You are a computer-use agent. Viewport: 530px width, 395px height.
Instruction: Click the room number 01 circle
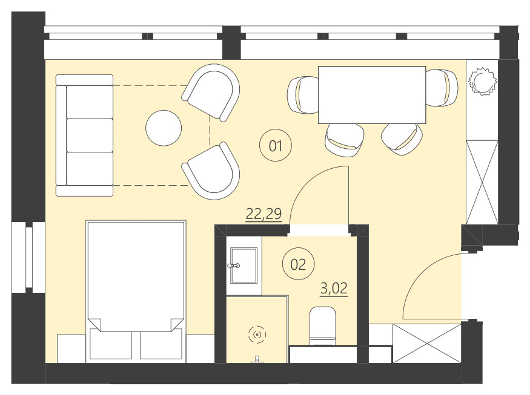point(276,145)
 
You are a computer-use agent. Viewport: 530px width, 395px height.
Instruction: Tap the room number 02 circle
point(298,264)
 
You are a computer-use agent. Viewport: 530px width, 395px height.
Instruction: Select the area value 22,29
point(263,214)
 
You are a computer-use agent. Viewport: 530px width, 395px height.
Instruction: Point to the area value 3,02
point(334,288)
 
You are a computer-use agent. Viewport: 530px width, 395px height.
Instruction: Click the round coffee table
point(164,128)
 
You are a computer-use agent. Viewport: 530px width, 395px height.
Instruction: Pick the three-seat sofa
point(85,135)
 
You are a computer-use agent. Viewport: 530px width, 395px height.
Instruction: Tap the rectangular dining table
point(372,94)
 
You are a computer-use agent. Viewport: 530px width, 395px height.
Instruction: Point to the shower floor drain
point(257,334)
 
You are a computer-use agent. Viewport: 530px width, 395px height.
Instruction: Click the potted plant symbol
point(483,80)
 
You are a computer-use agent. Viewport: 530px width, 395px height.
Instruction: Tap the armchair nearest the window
point(213,91)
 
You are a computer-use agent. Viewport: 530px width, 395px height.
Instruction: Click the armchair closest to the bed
point(211,172)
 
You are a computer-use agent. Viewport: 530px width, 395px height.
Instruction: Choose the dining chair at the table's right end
point(442,88)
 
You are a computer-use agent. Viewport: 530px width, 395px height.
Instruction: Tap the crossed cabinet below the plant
point(482,181)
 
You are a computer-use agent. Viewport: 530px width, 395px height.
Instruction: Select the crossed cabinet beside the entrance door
point(427,344)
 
